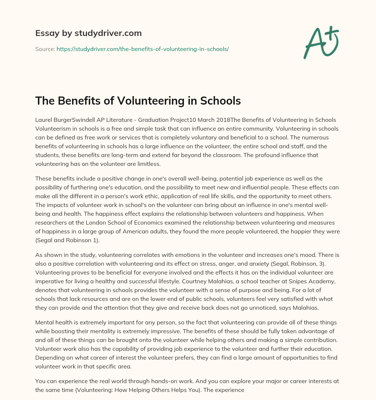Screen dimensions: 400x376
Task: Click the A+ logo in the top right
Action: [x=320, y=42]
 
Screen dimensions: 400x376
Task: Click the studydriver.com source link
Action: [x=142, y=49]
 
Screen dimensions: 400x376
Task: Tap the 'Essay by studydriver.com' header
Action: [x=88, y=33]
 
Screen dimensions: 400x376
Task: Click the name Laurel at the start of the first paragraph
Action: [x=44, y=120]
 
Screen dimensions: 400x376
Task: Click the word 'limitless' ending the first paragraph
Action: [x=148, y=164]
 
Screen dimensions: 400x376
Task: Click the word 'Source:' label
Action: [x=45, y=49]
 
